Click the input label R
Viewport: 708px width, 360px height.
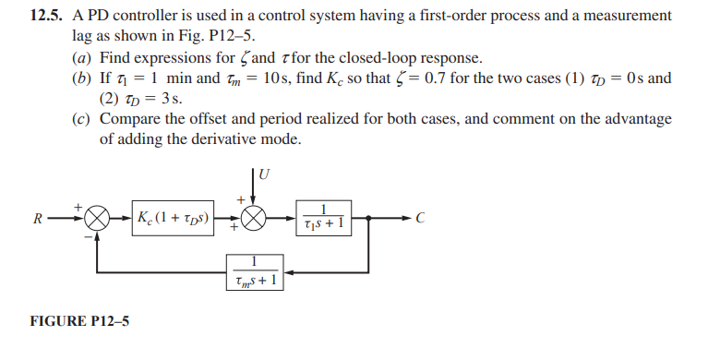click(x=37, y=220)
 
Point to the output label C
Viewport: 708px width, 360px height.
click(x=421, y=220)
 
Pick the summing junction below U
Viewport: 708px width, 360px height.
click(x=254, y=220)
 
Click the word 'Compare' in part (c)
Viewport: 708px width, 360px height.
click(x=129, y=118)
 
